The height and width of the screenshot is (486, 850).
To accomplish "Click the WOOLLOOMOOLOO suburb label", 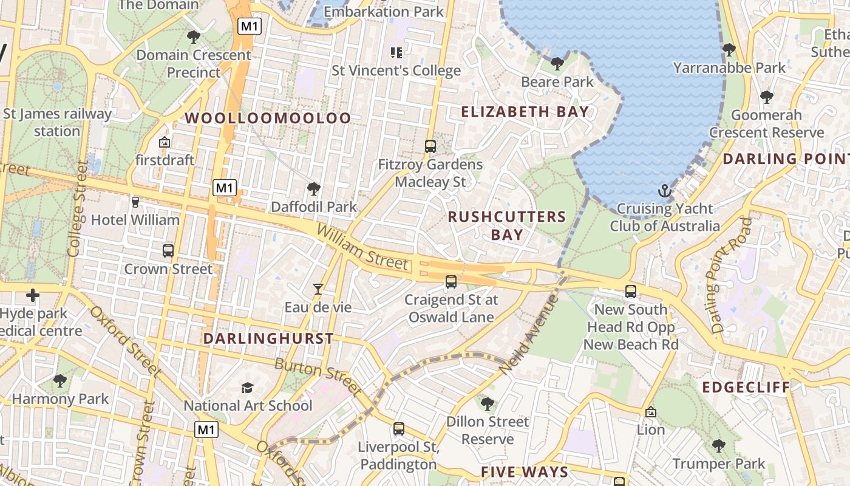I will [x=268, y=118].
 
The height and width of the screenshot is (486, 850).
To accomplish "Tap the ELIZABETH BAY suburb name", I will [x=525, y=112].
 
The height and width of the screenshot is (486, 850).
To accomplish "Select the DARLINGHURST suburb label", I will [x=268, y=338].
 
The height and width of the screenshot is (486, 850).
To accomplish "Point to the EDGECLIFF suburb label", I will [x=746, y=387].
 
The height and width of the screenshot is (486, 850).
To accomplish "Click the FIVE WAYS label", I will [x=525, y=472].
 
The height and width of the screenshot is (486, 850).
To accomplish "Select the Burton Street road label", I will [x=318, y=375].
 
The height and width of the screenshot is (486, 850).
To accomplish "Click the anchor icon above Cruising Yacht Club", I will [x=664, y=191].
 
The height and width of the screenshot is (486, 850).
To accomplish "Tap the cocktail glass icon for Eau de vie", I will [x=318, y=289].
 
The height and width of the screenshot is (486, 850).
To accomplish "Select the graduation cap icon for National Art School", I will [x=247, y=388].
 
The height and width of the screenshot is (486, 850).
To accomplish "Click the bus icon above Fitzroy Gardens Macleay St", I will [x=430, y=146].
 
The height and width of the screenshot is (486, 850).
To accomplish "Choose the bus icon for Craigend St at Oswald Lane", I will [x=450, y=281].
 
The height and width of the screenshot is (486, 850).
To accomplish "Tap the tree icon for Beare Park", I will [x=557, y=63].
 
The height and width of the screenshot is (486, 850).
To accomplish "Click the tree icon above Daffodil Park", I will [x=313, y=188].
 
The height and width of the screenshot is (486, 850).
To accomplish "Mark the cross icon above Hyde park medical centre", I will [x=33, y=296].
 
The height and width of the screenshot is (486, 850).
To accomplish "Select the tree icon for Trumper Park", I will [x=719, y=446].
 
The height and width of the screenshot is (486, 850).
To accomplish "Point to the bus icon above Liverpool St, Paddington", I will [x=398, y=429].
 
